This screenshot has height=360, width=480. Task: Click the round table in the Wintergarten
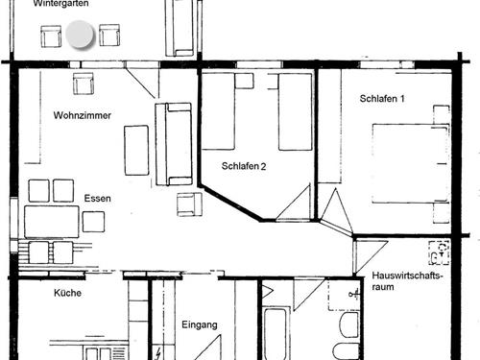point(80,35)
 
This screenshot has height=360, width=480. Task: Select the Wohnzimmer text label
point(82,116)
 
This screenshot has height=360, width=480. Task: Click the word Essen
point(98,199)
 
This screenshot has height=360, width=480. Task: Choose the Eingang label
point(200,325)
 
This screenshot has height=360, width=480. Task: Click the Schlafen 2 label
point(243,165)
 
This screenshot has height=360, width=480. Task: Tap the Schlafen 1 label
point(383,99)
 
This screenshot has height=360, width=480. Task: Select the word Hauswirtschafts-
point(409,276)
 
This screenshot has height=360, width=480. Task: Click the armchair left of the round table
point(50,37)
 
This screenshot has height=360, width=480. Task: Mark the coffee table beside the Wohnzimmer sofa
point(136,150)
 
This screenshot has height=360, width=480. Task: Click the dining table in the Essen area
point(51,222)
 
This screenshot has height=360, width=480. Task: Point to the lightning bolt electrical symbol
point(158,352)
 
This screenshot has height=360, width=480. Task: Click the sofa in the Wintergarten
point(181,27)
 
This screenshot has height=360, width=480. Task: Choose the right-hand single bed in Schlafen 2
point(294,112)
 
